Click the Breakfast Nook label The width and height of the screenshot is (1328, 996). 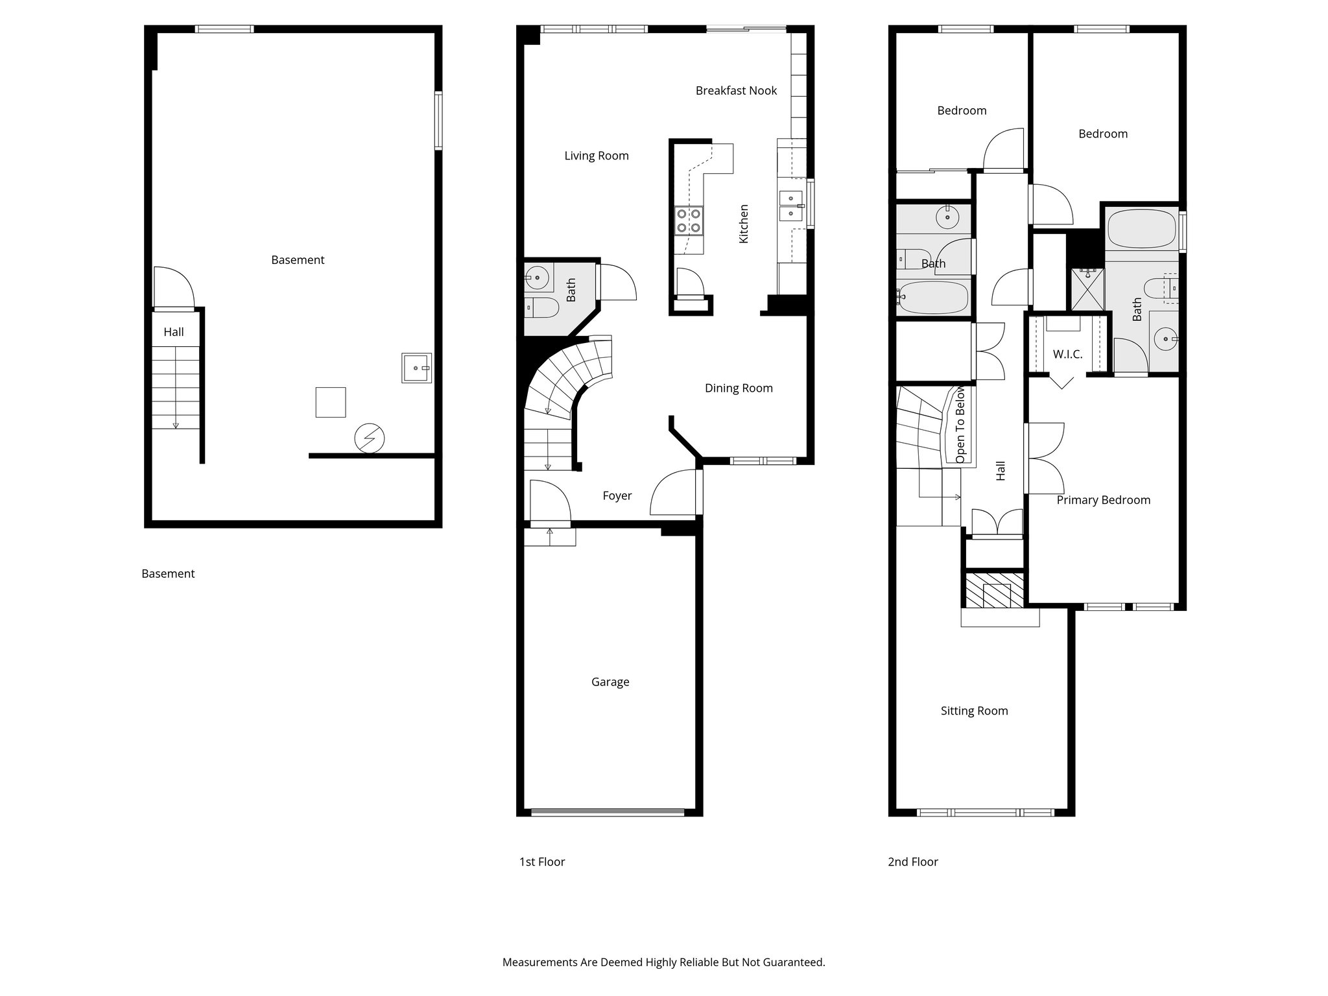pos(736,91)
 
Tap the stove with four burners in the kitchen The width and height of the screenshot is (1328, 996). pos(689,220)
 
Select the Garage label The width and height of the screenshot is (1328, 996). pos(610,682)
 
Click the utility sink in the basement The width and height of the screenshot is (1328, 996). pos(416,368)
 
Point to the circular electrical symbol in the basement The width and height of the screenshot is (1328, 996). pos(370,439)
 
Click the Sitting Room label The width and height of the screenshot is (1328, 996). pos(974,711)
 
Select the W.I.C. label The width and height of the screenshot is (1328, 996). pos(1067,354)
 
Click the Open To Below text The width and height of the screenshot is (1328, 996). pos(960,425)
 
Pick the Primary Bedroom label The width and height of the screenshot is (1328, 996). pos(1103,500)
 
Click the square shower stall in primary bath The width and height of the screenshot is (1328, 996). pos(1087,288)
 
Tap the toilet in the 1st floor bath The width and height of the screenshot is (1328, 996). pos(542,308)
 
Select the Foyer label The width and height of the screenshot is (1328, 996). pos(617,495)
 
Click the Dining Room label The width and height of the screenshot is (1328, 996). pos(739,388)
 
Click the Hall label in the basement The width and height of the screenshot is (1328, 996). pos(173,332)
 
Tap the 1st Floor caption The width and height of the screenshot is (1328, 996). pos(541,862)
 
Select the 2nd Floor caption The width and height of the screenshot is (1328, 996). pos(912,862)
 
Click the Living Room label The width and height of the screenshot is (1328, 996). pos(596,156)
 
